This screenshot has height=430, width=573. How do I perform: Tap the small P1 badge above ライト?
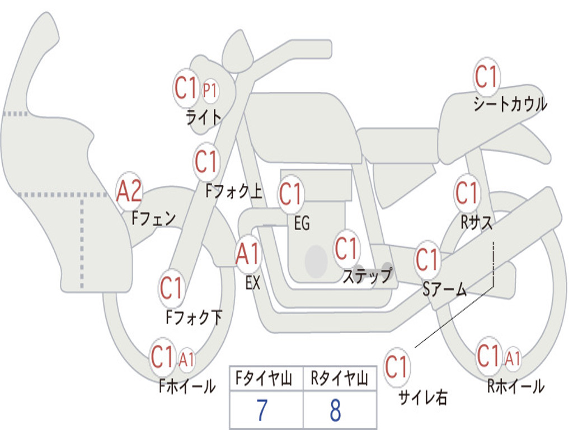coord(210,90)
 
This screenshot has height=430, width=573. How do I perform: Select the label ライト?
coord(204,116)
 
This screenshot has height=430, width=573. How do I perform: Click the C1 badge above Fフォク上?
coord(206,162)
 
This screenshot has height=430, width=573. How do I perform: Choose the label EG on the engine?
coord(302,224)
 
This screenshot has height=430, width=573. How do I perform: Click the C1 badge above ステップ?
coord(346,249)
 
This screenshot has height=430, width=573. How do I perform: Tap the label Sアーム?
coord(445,289)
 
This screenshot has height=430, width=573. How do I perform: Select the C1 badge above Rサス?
coord(467,193)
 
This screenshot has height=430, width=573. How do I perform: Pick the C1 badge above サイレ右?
coord(396,367)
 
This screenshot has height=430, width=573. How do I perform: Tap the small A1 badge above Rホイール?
coord(513,358)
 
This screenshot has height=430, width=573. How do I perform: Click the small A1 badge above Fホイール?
coord(186,359)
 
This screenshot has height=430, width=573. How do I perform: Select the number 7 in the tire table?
coord(262,410)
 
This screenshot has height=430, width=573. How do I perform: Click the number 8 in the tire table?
coord(336,410)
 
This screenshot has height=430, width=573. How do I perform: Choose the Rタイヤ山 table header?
coord(339,380)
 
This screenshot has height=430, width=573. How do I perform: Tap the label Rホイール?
coord(515,386)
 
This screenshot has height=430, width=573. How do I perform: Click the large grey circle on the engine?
coord(316,261)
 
